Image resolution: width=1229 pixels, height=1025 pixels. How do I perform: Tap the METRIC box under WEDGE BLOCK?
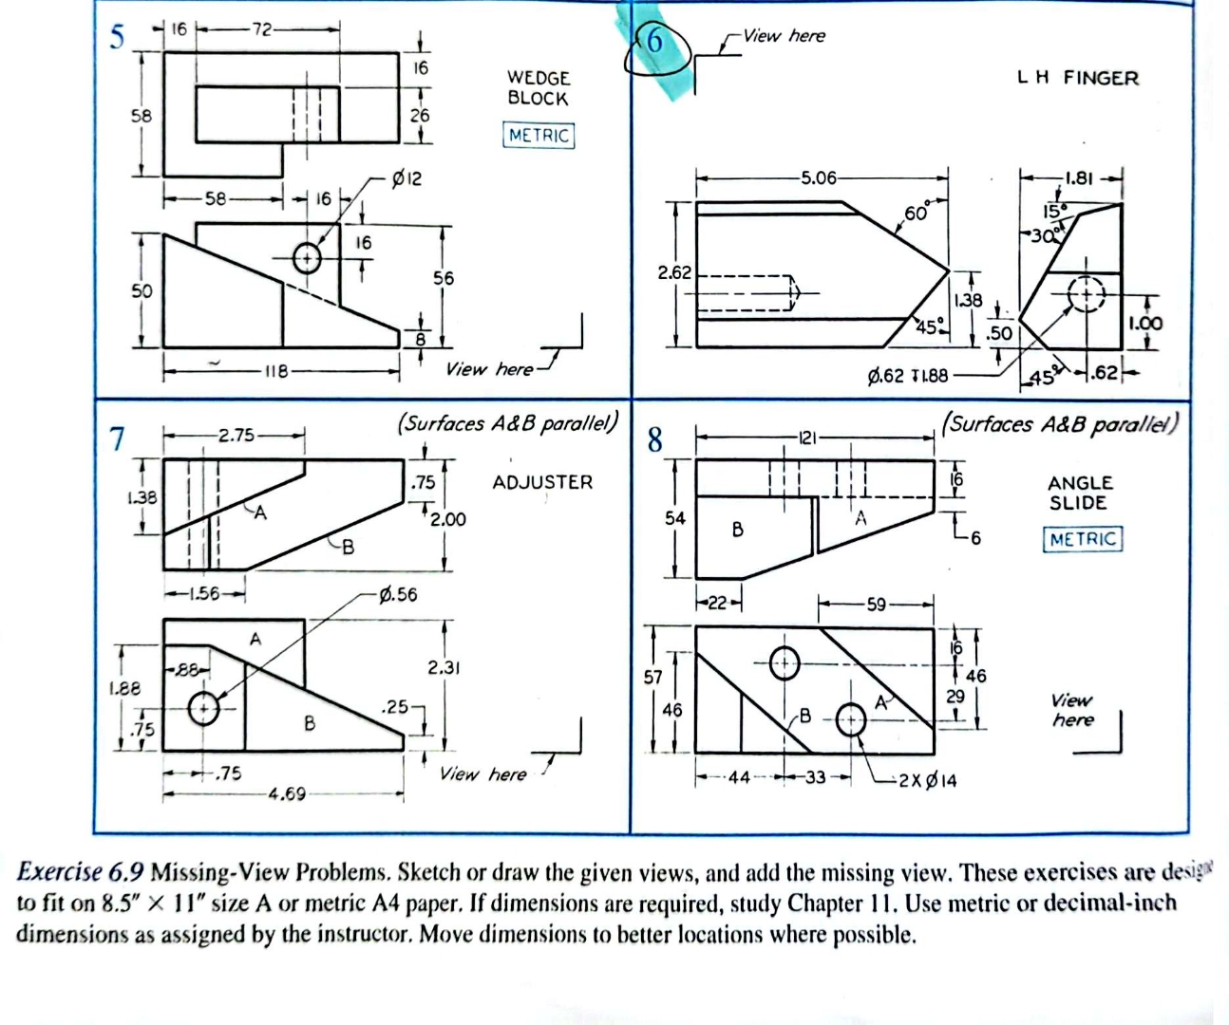coord(539,135)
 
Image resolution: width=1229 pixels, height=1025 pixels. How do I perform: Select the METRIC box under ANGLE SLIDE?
coord(1083,539)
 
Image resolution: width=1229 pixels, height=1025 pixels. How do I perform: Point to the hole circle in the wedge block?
coord(307,257)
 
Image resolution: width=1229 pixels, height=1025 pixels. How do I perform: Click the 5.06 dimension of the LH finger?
coord(818,177)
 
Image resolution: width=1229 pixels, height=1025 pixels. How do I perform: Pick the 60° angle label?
coord(917,213)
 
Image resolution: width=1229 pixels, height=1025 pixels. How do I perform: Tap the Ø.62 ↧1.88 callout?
coord(907,376)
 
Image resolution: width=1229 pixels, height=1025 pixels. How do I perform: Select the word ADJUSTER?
coord(542,482)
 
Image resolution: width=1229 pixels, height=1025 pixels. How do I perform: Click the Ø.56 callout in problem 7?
coord(397,595)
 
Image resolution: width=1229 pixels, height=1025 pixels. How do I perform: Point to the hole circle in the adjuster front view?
coord(203,708)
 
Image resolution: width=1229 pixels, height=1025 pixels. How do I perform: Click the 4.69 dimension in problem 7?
coord(286,793)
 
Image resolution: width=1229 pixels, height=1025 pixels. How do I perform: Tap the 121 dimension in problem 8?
coord(806,438)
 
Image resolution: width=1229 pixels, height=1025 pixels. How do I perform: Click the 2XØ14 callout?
coord(928,780)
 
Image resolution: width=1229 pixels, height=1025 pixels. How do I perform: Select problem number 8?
coord(654,440)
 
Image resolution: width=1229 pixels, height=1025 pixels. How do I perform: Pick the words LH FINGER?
coord(1077,78)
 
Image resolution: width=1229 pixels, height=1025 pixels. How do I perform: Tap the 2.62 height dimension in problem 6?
coord(674,272)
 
